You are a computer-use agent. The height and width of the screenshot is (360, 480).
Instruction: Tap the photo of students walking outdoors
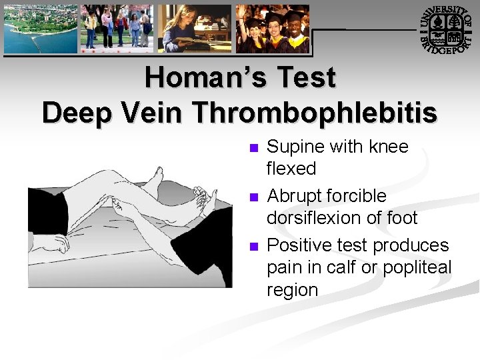(117, 29)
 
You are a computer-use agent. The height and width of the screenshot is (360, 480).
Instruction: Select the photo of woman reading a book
(195, 29)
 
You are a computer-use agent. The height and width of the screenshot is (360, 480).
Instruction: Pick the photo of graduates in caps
(272, 29)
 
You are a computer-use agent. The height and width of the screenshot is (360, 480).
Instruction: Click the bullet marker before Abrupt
(251, 197)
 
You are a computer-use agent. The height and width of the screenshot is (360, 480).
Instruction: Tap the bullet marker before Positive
(251, 247)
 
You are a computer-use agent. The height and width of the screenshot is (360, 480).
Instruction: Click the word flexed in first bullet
(291, 169)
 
